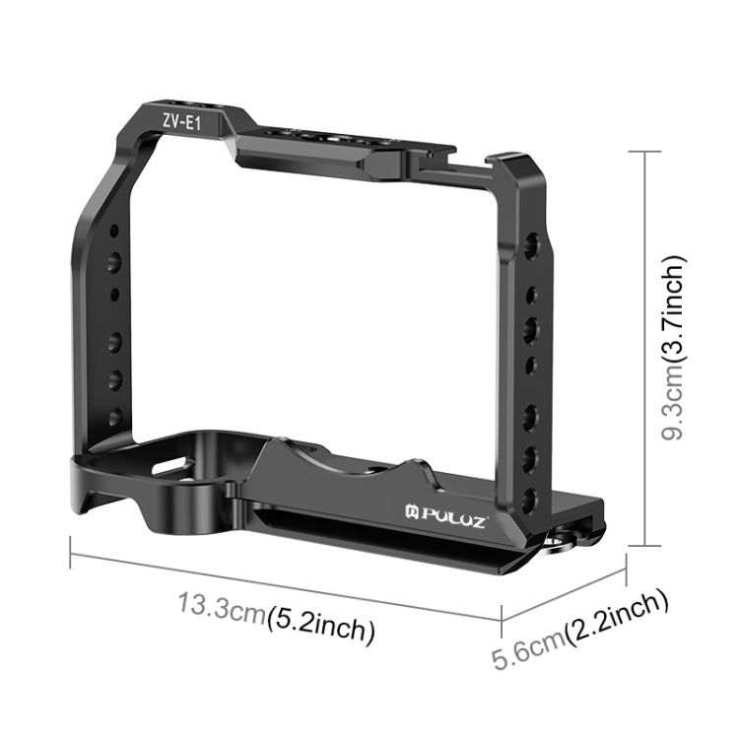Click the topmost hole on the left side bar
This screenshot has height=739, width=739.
coord(115,231)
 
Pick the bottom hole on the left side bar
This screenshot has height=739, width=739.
coord(115,417)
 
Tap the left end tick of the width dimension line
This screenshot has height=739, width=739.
coord(70,555)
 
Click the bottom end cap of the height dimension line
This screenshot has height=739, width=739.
coord(644,544)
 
